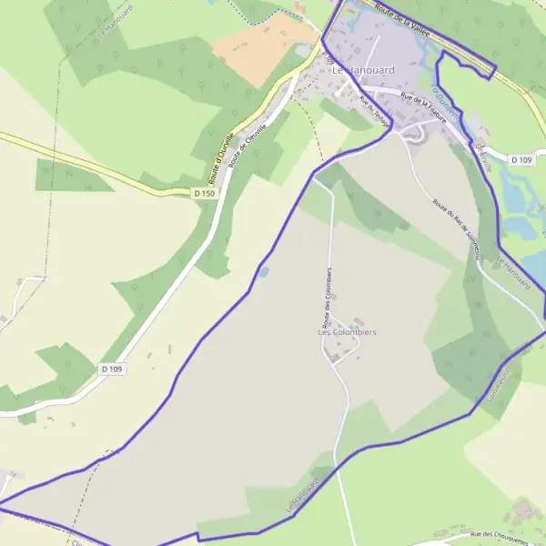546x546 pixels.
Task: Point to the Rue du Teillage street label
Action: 375,111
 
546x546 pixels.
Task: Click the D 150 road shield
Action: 205,194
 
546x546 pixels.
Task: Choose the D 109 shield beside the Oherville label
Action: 521,159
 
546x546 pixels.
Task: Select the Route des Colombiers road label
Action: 325,298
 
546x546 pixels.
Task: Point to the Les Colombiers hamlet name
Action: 347,332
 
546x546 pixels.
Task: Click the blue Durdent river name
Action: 447,99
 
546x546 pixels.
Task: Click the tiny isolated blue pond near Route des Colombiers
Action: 263,271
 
